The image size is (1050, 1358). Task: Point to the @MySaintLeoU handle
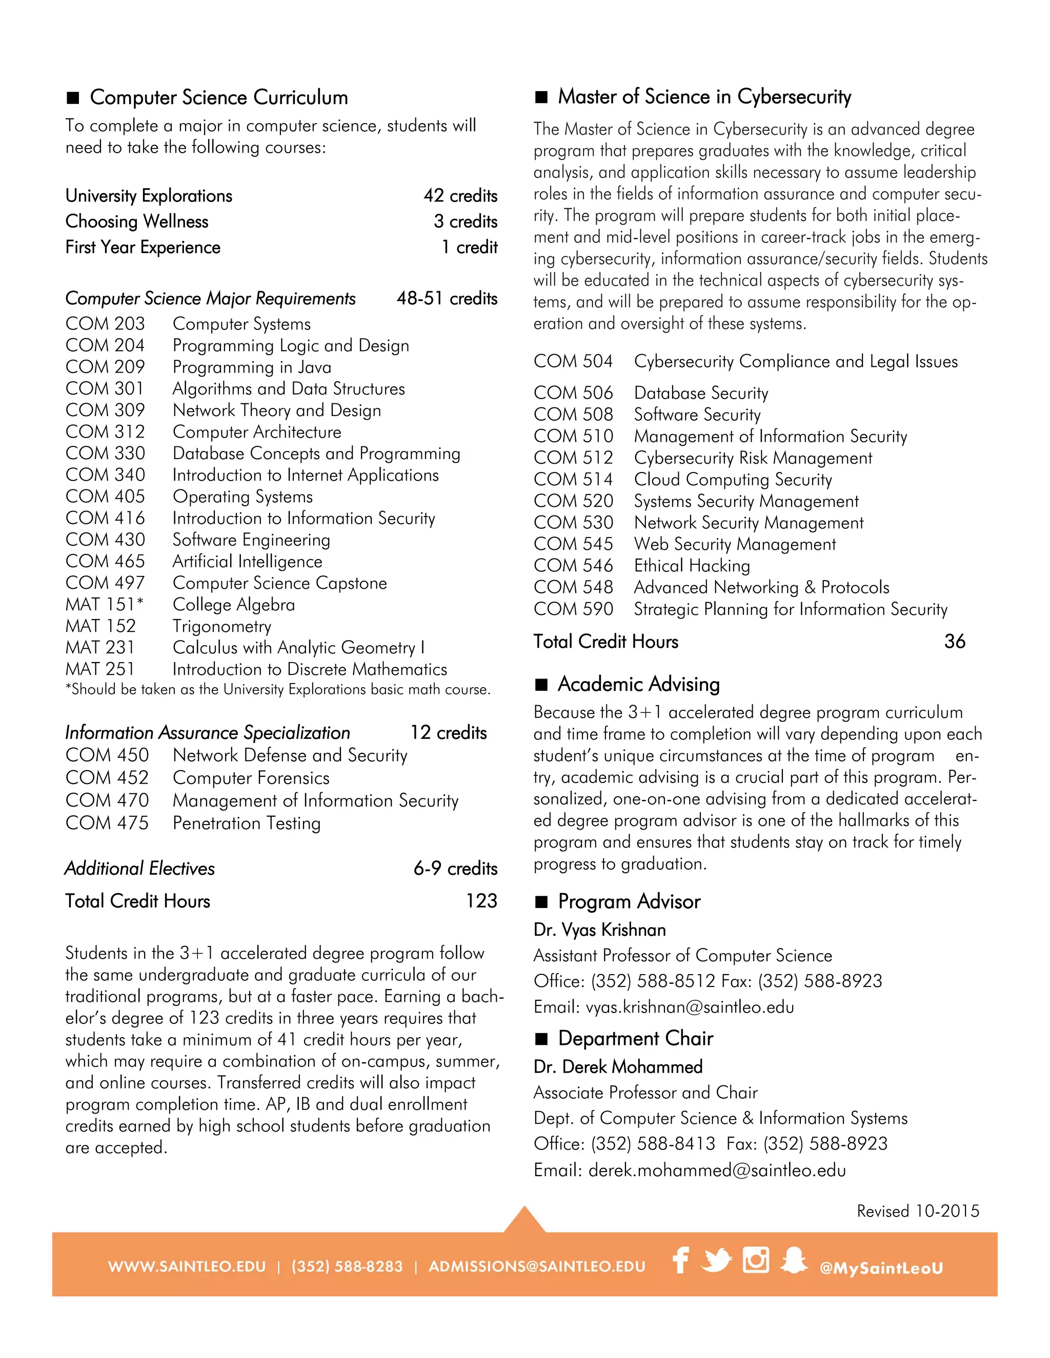pyautogui.click(x=881, y=1268)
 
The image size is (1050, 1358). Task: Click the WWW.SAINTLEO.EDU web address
pyautogui.click(x=187, y=1267)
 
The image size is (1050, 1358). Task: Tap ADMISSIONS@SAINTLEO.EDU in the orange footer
pyautogui.click(x=537, y=1267)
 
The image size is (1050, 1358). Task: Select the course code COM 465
pyautogui.click(x=105, y=562)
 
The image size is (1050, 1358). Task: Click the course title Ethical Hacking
pyautogui.click(x=692, y=566)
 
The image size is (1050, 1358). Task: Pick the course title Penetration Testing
pyautogui.click(x=246, y=824)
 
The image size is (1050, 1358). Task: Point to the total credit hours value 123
pyautogui.click(x=481, y=901)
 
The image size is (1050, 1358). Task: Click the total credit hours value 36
pyautogui.click(x=954, y=642)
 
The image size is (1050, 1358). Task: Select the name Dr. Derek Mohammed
pyautogui.click(x=618, y=1067)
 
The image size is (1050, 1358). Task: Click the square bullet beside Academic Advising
pyautogui.click(x=542, y=685)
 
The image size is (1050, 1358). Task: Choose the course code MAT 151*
pyautogui.click(x=105, y=604)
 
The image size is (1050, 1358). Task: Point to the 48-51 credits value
pyautogui.click(x=447, y=298)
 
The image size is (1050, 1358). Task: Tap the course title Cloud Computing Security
pyautogui.click(x=733, y=480)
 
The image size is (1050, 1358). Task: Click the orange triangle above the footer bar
pyautogui.click(x=524, y=1221)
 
